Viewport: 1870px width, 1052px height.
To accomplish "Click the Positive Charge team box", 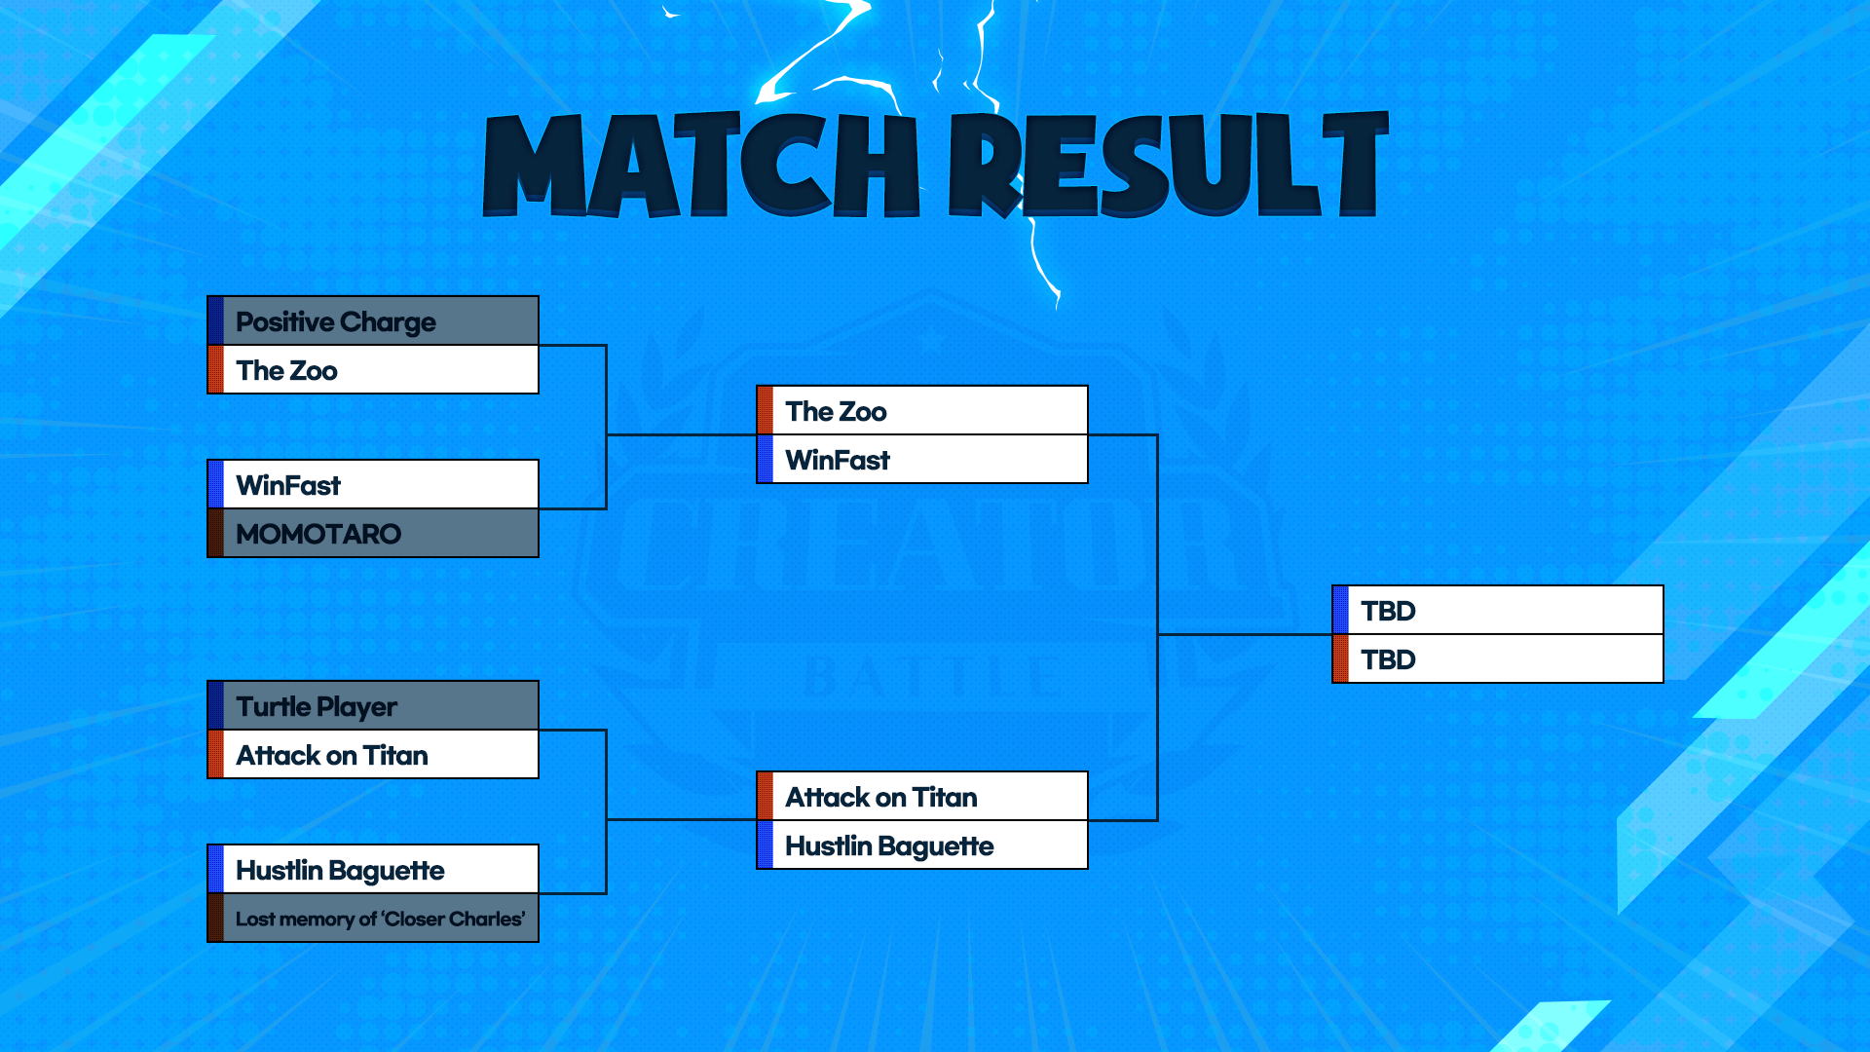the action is [373, 320].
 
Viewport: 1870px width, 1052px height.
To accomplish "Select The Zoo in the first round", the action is [373, 370].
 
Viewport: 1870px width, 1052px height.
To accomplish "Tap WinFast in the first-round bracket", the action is [373, 484].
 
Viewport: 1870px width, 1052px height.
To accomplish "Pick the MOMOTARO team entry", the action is [373, 534].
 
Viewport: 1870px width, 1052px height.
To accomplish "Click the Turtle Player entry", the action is [373, 705].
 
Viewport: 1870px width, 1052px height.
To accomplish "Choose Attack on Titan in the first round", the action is [373, 755].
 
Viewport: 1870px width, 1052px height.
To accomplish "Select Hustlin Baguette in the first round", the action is [373, 869].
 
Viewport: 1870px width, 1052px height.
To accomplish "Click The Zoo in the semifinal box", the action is [922, 410].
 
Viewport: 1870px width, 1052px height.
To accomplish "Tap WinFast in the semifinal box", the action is [922, 460].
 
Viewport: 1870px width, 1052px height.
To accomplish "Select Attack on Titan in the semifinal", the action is [922, 796].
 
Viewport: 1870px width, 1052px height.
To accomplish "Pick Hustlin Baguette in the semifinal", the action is [922, 845].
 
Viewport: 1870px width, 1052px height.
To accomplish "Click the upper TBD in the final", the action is [1498, 610].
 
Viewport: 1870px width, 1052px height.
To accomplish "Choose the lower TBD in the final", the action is [1498, 659].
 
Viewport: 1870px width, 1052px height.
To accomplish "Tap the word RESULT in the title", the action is [1169, 164].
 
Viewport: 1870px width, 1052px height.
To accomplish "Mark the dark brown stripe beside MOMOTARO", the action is [216, 534].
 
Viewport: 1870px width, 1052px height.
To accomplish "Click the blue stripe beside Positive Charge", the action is [216, 320].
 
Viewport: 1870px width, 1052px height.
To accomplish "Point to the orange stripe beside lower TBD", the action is [1341, 659].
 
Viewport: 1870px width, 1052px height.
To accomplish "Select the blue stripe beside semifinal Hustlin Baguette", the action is [766, 845].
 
